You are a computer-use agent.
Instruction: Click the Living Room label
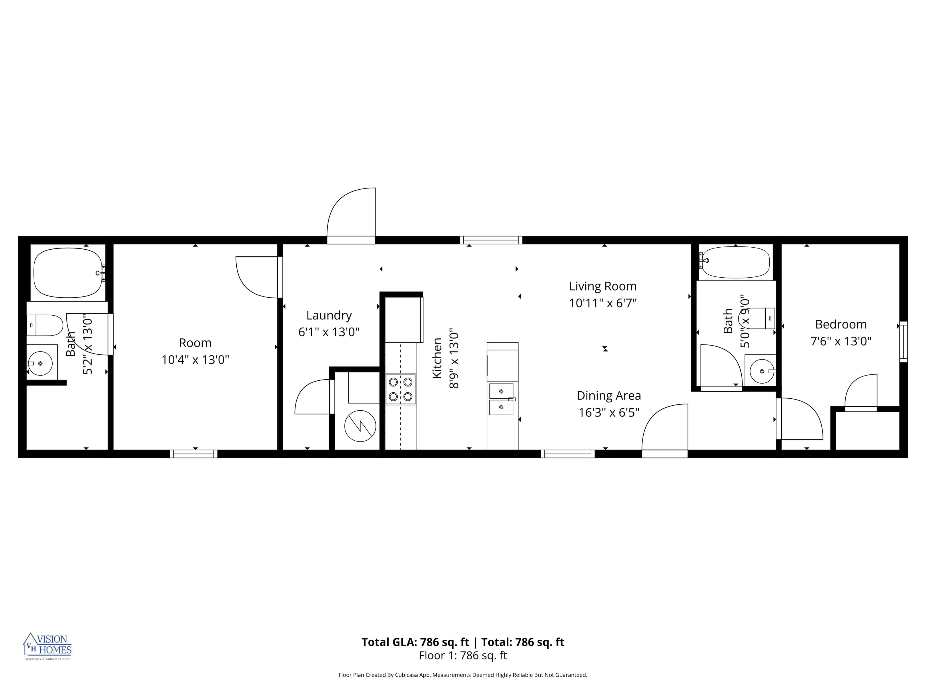click(x=602, y=286)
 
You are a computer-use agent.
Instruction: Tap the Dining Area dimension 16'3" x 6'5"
click(x=609, y=412)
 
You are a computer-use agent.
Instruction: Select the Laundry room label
click(x=329, y=315)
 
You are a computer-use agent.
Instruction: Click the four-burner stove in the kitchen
click(x=401, y=389)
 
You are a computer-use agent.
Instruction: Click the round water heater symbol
click(x=360, y=426)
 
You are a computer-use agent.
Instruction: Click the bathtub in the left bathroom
click(x=68, y=273)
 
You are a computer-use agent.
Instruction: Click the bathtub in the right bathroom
click(x=736, y=262)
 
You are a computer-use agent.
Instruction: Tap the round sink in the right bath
click(x=762, y=371)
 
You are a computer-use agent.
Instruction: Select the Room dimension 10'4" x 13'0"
click(x=195, y=360)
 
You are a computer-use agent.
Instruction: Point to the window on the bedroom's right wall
click(x=903, y=342)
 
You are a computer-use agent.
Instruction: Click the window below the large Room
click(x=193, y=454)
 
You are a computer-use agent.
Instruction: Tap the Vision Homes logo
click(x=47, y=646)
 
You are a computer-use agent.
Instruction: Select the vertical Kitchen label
click(x=437, y=358)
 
